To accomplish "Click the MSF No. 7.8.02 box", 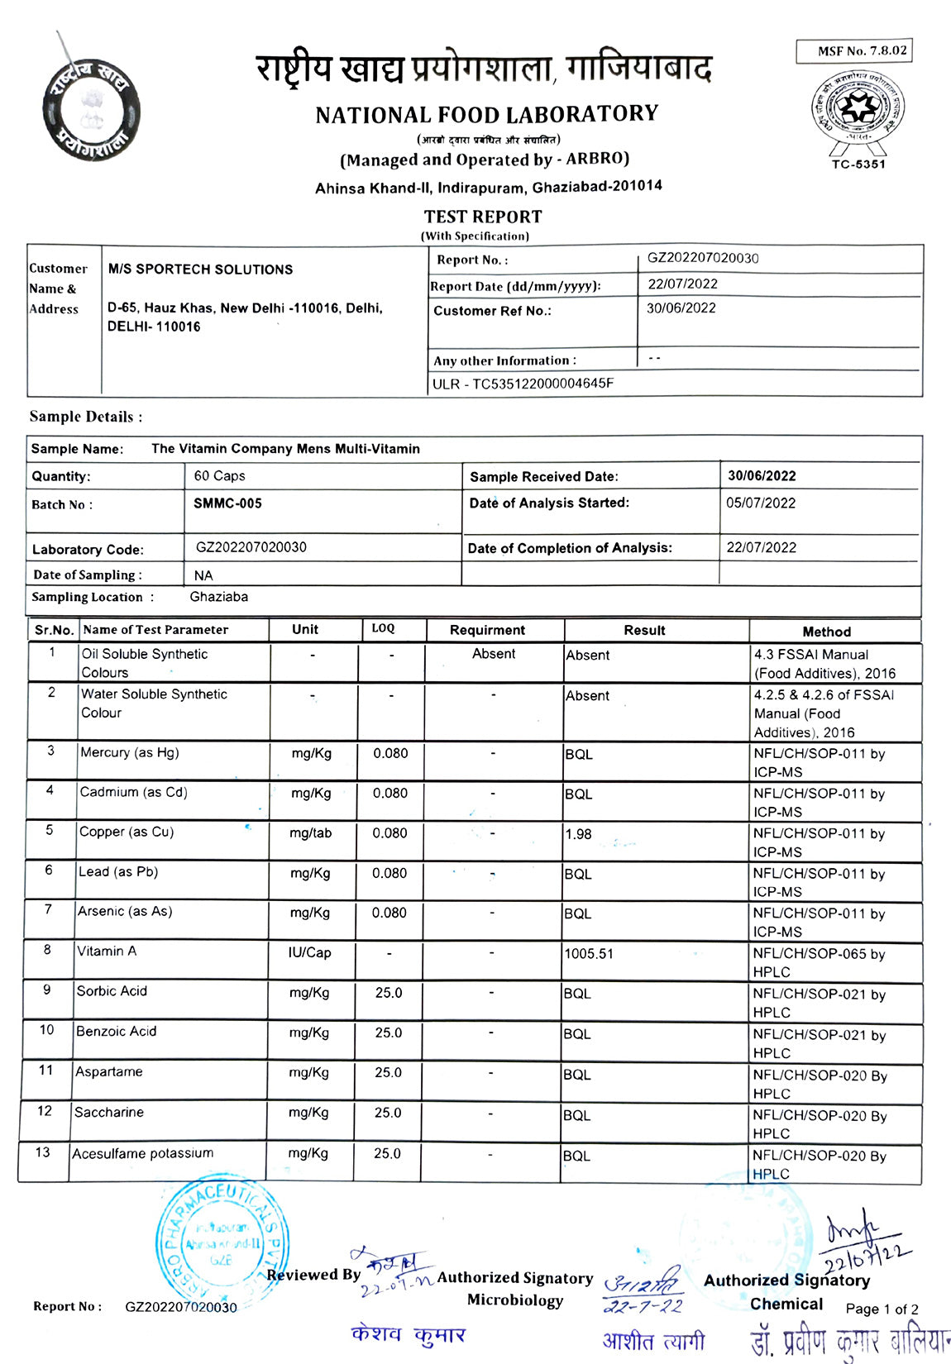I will [854, 51].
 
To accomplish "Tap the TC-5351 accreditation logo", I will [858, 115].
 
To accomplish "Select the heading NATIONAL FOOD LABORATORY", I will [486, 115].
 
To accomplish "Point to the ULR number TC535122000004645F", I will [523, 384].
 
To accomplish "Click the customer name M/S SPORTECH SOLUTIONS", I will [200, 269].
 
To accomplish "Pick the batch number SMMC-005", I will [227, 503].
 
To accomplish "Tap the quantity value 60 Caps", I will [219, 476].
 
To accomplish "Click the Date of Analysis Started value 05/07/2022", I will [761, 503].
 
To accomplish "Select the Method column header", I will [826, 632].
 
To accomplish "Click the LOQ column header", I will [383, 629].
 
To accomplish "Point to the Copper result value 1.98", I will [579, 834].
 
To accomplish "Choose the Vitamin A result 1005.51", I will [589, 954].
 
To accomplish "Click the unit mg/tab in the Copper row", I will [310, 833].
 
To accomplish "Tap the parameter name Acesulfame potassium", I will [143, 1153].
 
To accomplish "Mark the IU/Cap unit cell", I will [309, 953].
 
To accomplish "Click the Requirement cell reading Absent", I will [494, 654].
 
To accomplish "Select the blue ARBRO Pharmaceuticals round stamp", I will [222, 1243].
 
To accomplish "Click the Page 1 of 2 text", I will [882, 1309].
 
